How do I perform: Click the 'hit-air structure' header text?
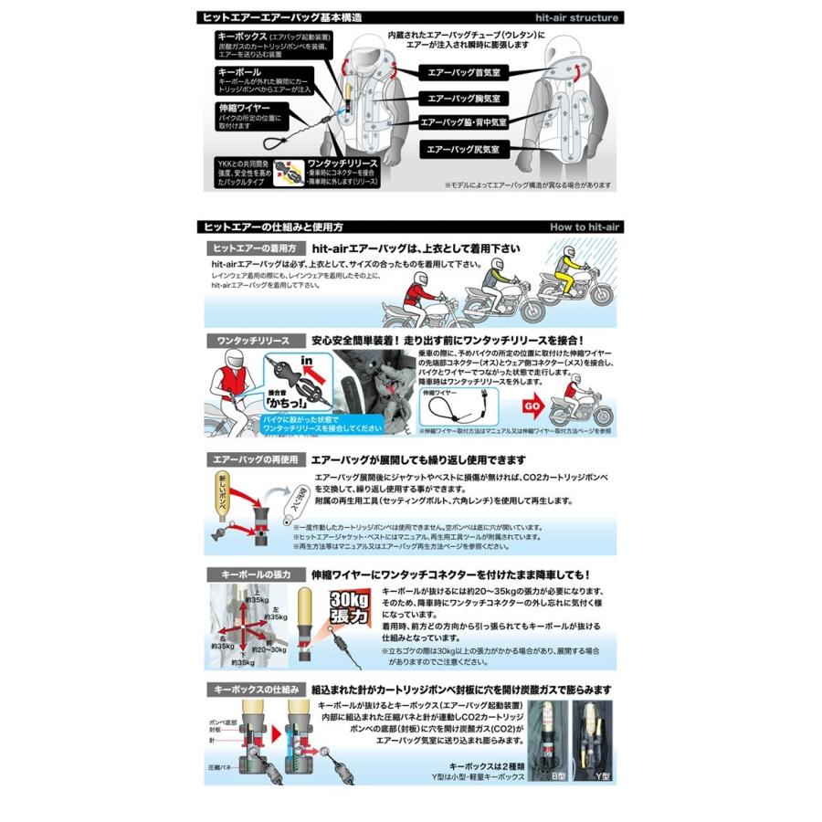pos(576,17)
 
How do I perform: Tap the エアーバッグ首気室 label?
pos(465,71)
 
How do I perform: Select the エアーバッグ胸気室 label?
pos(465,97)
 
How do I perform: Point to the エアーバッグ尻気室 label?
pos(465,147)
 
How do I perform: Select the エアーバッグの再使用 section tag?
pos(252,460)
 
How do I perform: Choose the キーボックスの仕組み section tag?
pos(252,690)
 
